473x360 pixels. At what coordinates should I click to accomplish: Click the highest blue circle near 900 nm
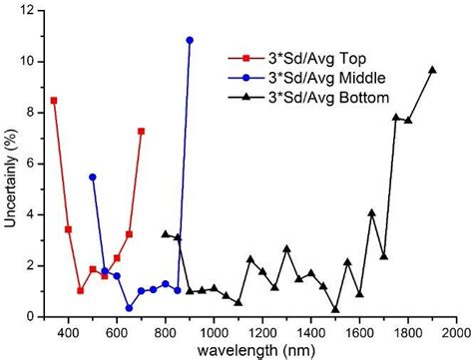coord(190,40)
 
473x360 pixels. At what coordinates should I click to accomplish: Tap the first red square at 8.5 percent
coord(54,100)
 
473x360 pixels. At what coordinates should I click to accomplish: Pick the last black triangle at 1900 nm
coord(432,70)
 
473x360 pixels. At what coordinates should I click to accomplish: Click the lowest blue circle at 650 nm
coord(129,308)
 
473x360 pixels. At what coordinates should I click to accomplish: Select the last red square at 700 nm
coord(141,131)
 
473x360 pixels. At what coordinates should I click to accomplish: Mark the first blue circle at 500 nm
coord(93,177)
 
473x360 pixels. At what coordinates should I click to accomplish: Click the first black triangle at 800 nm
coord(166,234)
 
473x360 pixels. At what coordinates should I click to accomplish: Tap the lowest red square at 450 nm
coord(80,290)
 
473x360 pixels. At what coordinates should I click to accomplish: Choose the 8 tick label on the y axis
coord(30,113)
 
